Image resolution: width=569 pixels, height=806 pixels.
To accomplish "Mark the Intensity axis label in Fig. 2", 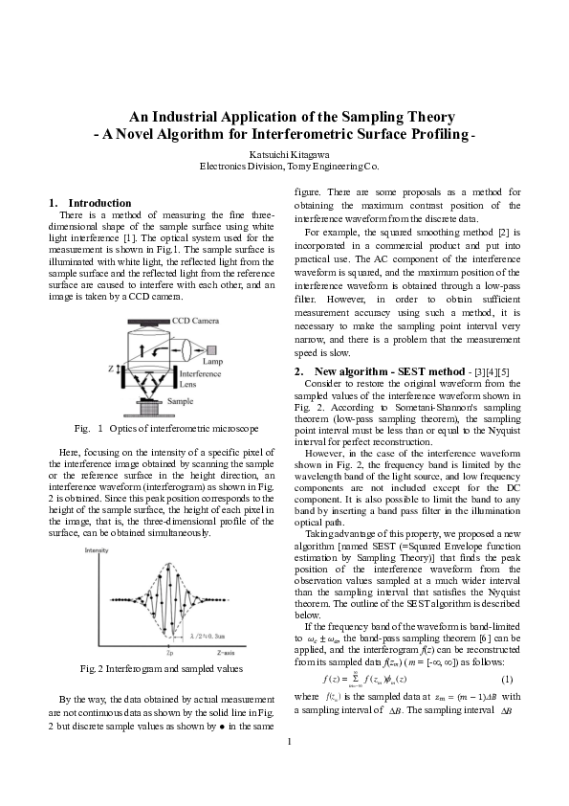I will coord(97,552).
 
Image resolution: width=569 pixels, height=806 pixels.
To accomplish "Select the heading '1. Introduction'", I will coord(90,203).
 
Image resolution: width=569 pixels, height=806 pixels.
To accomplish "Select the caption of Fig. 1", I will coord(167,427).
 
